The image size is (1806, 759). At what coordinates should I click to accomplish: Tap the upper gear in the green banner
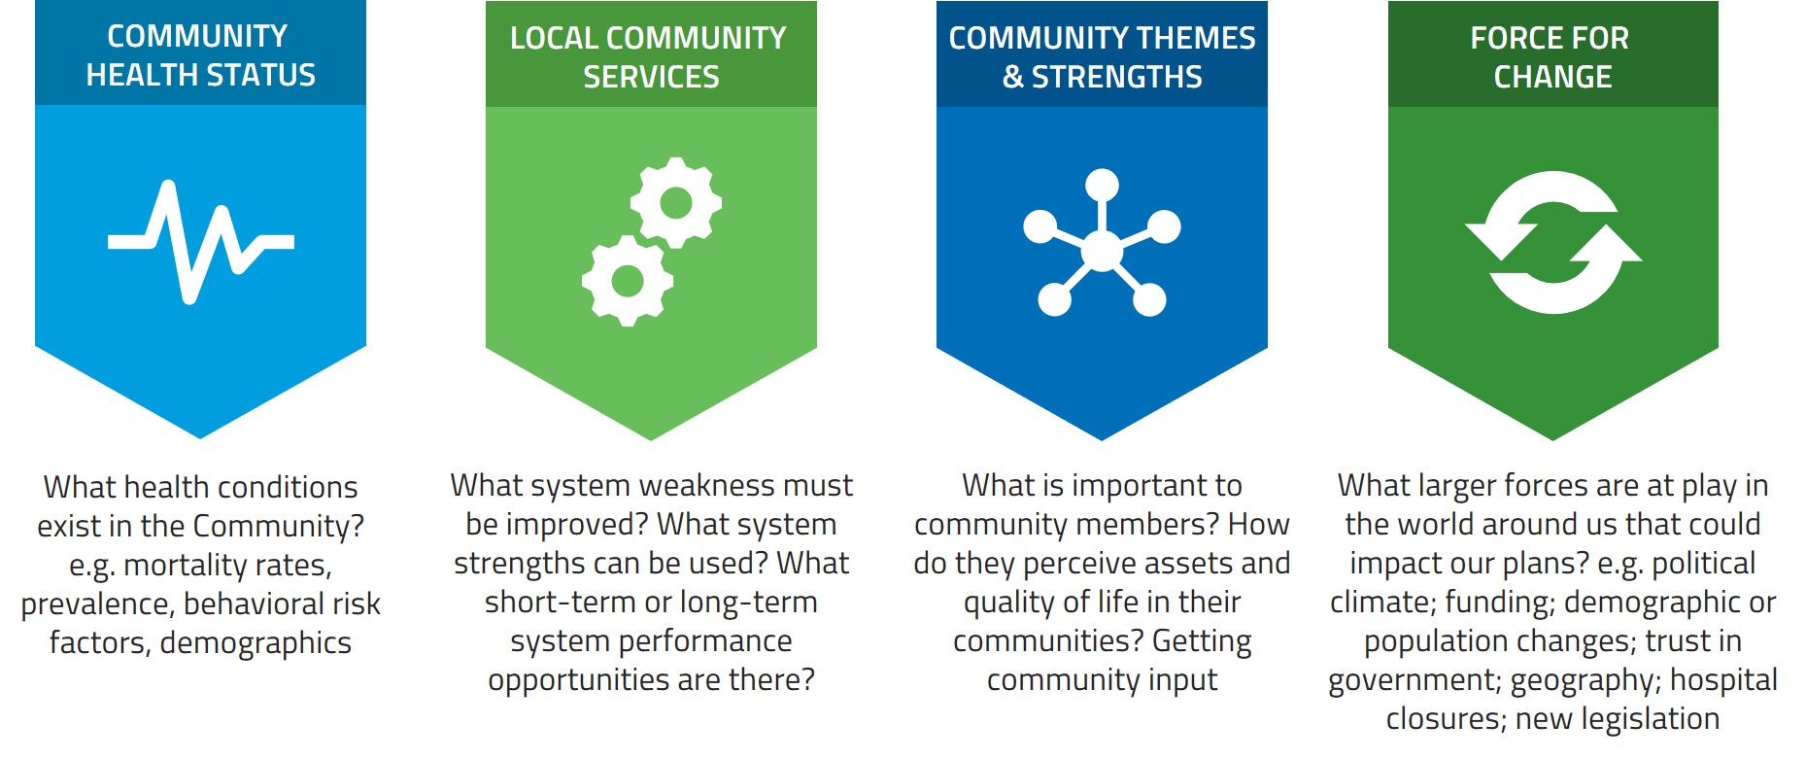click(676, 203)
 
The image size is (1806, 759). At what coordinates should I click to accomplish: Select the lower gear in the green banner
click(628, 281)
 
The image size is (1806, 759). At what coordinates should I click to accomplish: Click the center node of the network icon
click(1102, 251)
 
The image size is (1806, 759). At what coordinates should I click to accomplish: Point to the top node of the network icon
click(1102, 185)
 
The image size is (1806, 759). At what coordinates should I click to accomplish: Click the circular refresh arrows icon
click(1552, 243)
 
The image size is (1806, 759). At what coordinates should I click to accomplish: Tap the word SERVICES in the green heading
click(651, 77)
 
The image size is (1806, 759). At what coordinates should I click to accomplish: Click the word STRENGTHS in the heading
click(1116, 77)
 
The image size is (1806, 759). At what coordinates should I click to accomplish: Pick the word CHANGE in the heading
click(1552, 77)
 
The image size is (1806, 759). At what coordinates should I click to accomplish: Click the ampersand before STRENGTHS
click(1013, 77)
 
